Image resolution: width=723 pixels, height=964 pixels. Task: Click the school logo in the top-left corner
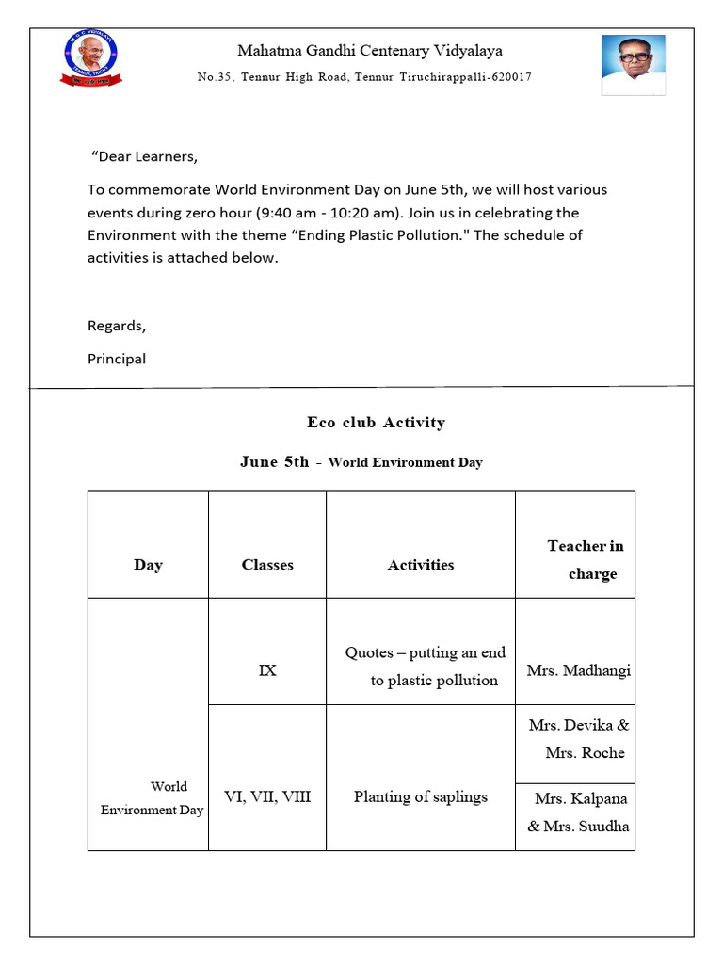[x=91, y=57]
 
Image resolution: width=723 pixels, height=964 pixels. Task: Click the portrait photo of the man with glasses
[x=634, y=64]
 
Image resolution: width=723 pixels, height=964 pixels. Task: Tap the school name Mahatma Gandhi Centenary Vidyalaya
[x=370, y=51]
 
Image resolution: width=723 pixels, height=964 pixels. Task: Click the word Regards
[x=117, y=326]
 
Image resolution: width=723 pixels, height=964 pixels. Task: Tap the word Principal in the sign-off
[x=117, y=359]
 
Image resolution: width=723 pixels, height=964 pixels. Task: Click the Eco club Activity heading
[x=376, y=423]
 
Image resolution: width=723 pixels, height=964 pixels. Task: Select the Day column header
[x=148, y=565]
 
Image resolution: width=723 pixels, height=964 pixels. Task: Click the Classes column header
[x=267, y=565]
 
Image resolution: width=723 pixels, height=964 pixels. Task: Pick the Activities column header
[x=421, y=565]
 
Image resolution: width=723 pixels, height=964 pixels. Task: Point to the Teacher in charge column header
[x=586, y=559]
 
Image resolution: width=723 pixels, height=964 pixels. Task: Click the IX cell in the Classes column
[x=267, y=670]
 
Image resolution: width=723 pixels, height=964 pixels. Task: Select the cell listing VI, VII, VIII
[x=267, y=796]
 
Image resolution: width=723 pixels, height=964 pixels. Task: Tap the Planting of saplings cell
[x=421, y=796]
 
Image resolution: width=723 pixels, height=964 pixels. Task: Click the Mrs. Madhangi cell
[x=578, y=670]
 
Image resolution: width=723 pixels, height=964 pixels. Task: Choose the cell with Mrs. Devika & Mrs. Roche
[x=578, y=739]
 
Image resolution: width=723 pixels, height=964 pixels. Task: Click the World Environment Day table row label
[x=153, y=797]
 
